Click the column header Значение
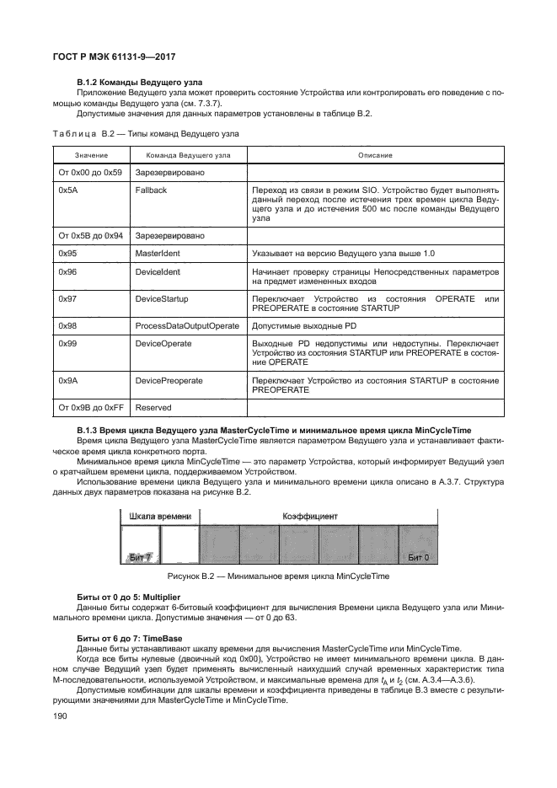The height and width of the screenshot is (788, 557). click(91, 155)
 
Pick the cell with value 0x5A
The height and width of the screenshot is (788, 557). click(68, 190)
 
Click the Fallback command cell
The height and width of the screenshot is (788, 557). click(151, 190)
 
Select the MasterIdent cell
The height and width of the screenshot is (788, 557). click(158, 253)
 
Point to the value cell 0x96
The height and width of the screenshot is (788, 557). click(68, 272)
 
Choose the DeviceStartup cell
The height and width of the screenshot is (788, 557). click(161, 298)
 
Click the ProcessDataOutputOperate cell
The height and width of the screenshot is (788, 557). click(186, 324)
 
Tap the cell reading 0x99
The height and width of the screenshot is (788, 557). click(68, 343)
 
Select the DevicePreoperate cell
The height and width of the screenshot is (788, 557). click(169, 380)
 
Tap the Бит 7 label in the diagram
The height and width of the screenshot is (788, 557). click(140, 557)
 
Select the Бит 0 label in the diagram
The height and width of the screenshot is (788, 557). click(419, 557)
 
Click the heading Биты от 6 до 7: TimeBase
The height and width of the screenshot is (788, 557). click(129, 639)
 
